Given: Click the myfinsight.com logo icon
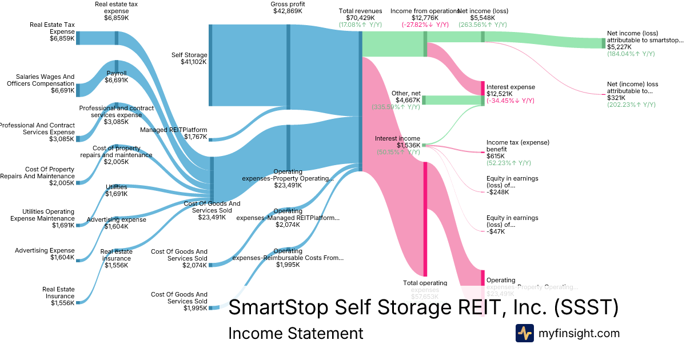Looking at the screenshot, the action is coord(524,333).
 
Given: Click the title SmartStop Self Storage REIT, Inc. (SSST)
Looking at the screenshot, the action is coord(423,307).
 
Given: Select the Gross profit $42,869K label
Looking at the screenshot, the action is coord(288,7).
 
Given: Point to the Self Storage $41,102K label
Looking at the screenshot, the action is coord(189,58).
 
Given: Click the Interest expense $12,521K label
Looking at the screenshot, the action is coord(510,90).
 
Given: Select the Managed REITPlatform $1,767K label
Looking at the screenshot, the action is coord(174,133).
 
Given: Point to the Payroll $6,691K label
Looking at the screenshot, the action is coord(117,77).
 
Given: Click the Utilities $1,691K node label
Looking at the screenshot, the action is coord(117,190).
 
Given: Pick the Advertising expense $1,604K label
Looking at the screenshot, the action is coord(117,223).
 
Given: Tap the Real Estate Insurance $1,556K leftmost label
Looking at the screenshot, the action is coord(58,296).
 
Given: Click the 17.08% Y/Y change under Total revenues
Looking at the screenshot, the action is coord(360,25).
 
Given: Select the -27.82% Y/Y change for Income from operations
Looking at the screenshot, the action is coord(424,25).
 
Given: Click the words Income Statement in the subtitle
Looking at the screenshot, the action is coord(296,334).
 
